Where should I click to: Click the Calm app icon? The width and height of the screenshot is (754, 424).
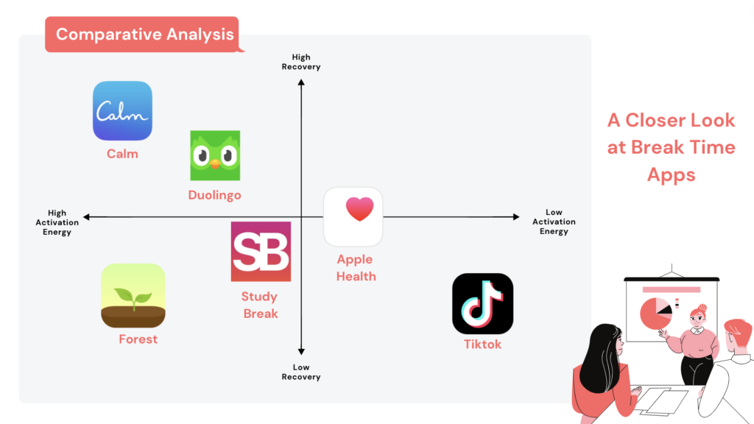click(x=122, y=110)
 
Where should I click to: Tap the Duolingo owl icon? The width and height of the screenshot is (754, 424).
click(x=215, y=155)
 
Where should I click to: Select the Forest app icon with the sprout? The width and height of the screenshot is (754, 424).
click(x=133, y=296)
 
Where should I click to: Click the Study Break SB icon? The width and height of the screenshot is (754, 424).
click(x=261, y=251)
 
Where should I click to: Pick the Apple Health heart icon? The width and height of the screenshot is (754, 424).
click(x=353, y=216)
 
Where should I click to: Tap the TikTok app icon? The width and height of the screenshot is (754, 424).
click(x=482, y=303)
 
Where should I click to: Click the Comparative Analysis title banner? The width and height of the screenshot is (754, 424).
click(x=144, y=34)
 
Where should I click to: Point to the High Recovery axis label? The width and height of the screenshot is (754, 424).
click(x=301, y=62)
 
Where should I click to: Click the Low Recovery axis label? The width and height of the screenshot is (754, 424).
click(x=301, y=372)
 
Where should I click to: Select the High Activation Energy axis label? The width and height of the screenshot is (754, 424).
click(x=57, y=222)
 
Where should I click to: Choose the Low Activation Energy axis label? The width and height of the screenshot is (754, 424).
click(x=554, y=222)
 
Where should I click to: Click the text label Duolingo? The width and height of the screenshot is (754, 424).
click(x=214, y=195)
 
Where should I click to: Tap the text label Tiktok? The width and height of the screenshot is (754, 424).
click(x=482, y=344)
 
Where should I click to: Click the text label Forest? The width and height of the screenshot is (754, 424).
click(x=138, y=339)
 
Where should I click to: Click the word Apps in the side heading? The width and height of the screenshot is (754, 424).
click(x=671, y=175)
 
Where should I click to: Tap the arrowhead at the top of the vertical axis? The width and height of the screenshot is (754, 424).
click(x=301, y=82)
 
